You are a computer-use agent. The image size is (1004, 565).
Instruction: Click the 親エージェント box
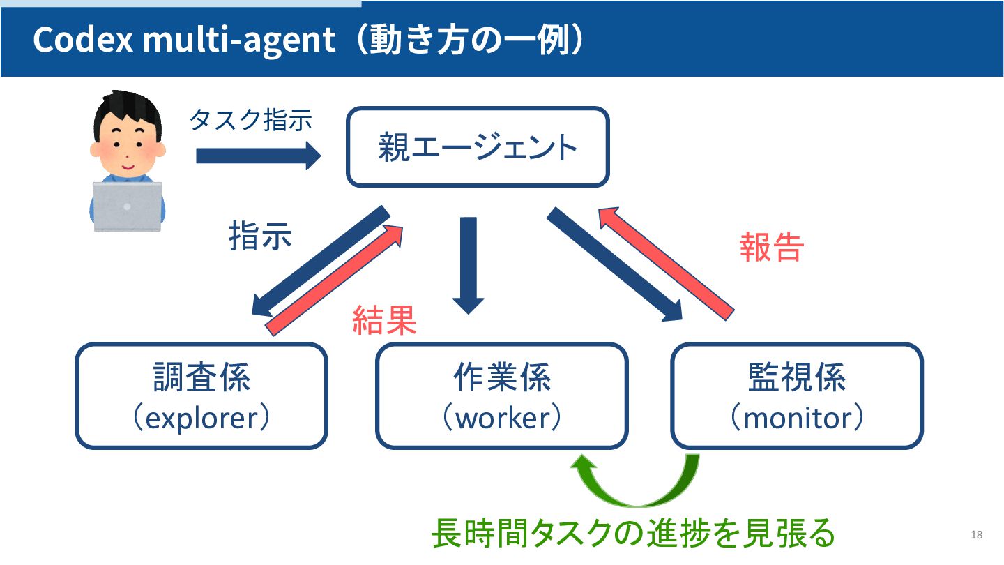click(478, 147)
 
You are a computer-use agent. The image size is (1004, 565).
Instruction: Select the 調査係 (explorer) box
click(201, 395)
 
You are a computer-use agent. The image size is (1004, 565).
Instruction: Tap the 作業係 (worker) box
click(502, 395)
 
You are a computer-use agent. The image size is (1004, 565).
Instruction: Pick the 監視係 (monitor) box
click(796, 395)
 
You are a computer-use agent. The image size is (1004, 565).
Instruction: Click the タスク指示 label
click(250, 120)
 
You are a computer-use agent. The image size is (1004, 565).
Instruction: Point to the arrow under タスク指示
click(258, 156)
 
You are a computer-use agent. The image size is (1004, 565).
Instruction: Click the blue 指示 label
click(260, 237)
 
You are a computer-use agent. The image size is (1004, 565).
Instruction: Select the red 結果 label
click(384, 320)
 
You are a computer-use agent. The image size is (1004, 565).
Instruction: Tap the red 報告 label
click(772, 246)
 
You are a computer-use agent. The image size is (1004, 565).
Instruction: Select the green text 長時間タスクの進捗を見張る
click(632, 534)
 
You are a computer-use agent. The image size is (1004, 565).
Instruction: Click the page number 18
click(976, 535)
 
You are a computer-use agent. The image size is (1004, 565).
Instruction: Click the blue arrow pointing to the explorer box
click(317, 262)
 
